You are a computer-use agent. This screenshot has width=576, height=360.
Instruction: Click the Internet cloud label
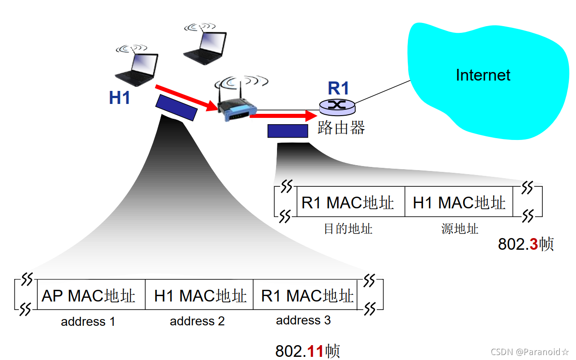pos(483,75)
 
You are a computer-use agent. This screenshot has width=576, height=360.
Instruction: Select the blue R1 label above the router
pos(338,89)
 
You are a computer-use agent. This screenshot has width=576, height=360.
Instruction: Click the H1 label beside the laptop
pos(120,98)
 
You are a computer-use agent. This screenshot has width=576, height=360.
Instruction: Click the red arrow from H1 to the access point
pos(184,98)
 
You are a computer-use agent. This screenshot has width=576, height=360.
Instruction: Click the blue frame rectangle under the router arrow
pos(288,131)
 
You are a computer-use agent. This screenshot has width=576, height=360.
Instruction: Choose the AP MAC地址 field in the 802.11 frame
pos(89,296)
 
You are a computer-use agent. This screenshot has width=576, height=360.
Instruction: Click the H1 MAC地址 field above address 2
pos(200,296)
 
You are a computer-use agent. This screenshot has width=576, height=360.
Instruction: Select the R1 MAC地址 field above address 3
pos(307,296)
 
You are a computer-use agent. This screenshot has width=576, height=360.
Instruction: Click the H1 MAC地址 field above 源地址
pos(459,202)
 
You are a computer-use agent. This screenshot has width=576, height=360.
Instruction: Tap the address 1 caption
pos(88,322)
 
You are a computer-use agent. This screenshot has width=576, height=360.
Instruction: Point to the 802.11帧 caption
pos(308,351)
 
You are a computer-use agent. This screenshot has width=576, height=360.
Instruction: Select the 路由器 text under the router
pos(341,127)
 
